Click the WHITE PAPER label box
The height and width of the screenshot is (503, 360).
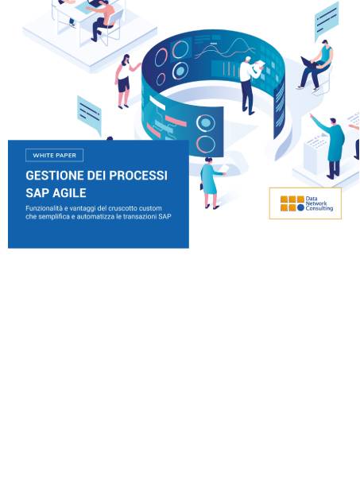(55, 155)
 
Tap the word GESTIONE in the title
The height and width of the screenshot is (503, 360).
(55, 176)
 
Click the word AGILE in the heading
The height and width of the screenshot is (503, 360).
(70, 193)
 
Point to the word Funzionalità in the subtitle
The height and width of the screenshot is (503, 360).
(47, 208)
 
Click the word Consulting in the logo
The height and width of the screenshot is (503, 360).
(319, 208)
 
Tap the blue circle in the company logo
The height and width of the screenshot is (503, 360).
(300, 208)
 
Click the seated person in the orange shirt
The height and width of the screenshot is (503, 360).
(104, 19)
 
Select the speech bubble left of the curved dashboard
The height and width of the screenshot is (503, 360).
(89, 114)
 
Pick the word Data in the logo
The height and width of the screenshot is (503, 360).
(312, 199)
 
